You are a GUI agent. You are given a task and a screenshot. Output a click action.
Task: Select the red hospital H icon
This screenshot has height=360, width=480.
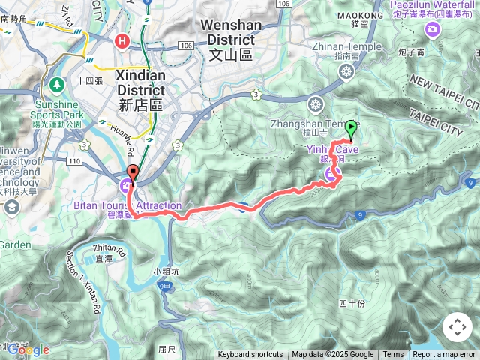click(x=120, y=41)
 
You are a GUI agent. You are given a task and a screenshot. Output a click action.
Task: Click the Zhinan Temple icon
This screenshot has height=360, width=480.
click(x=346, y=71)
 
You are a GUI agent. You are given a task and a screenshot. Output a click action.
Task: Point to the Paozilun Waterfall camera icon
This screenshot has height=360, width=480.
click(x=433, y=29)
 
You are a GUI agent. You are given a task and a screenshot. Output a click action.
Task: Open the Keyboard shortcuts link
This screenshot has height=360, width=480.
click(x=250, y=355)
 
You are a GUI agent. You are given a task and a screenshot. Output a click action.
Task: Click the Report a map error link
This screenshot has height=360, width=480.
click(x=444, y=355)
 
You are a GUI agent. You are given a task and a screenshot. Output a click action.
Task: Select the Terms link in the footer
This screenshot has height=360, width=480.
click(x=393, y=355)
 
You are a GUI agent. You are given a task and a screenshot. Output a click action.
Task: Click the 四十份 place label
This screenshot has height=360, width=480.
click(x=351, y=303)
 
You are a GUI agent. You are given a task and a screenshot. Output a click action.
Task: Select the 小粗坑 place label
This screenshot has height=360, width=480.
click(x=164, y=271)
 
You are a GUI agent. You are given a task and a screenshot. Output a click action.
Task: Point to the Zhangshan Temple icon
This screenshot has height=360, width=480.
click(x=316, y=103)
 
